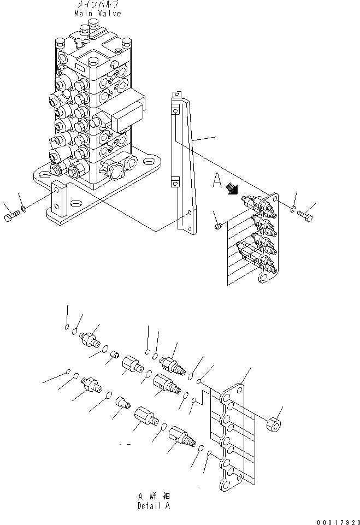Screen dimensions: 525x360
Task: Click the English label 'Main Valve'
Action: [99, 14]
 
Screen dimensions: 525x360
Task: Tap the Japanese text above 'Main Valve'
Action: [99, 5]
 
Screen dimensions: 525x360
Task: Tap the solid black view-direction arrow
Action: [233, 189]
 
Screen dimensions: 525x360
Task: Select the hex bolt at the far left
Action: [11, 217]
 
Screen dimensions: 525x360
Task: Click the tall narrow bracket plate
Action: [183, 164]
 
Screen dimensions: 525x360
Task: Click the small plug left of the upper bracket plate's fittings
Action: [217, 225]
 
